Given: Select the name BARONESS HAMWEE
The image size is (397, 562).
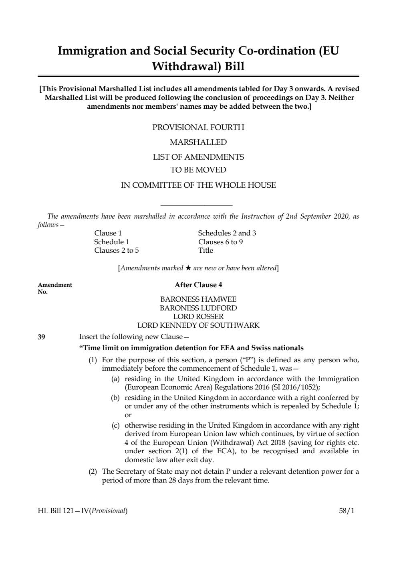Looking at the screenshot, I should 198,299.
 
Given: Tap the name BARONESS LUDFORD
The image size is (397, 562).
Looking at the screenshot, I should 198,308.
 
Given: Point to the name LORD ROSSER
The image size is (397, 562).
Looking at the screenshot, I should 198,317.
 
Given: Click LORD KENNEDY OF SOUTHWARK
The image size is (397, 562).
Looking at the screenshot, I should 198,325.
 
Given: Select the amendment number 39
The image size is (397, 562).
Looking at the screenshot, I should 41,337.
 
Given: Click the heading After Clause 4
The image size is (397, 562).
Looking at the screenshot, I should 198,285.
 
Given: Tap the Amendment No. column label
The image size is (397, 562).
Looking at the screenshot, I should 54,288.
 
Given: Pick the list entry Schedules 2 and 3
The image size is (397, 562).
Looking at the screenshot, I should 227,233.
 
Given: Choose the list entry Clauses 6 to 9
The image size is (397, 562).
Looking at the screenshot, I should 220,242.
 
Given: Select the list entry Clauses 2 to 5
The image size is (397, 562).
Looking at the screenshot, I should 116,250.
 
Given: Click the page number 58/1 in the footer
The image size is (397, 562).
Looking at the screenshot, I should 347,511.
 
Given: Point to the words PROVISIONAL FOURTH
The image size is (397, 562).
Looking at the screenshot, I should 198,128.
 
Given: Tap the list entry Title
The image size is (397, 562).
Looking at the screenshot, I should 206,250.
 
